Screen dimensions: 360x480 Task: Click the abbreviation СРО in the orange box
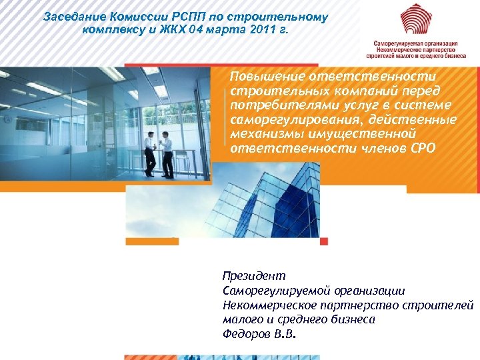click(421, 148)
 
